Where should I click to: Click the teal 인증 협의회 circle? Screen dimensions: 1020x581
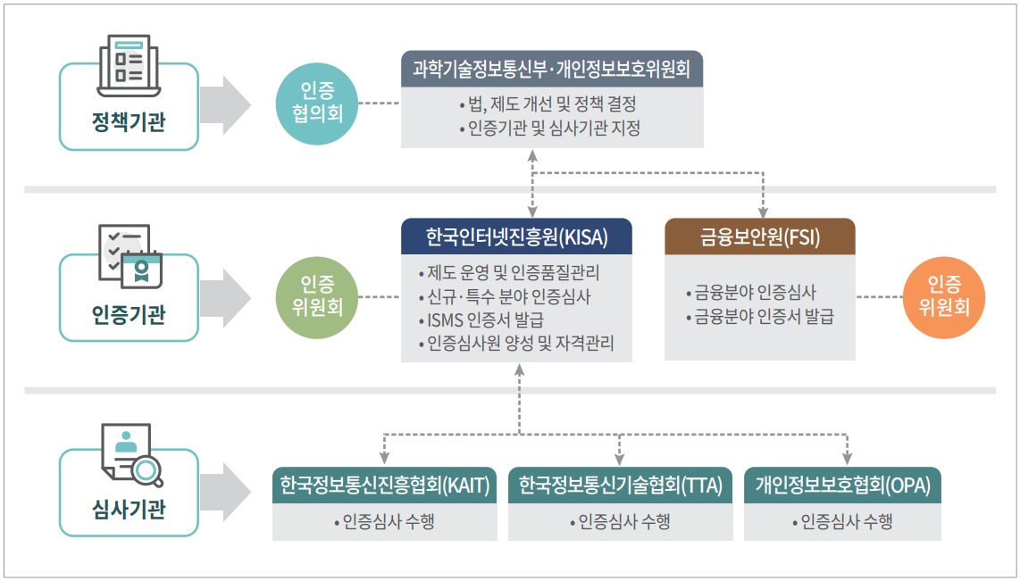click(x=317, y=103)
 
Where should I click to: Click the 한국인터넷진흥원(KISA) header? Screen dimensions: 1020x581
click(x=516, y=237)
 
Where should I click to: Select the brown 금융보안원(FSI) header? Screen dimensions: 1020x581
click(x=759, y=237)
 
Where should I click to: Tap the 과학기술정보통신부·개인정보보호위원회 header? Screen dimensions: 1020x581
click(x=551, y=70)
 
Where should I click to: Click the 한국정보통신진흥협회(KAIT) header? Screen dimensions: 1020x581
click(x=384, y=486)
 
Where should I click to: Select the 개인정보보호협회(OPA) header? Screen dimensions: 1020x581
click(x=842, y=486)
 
